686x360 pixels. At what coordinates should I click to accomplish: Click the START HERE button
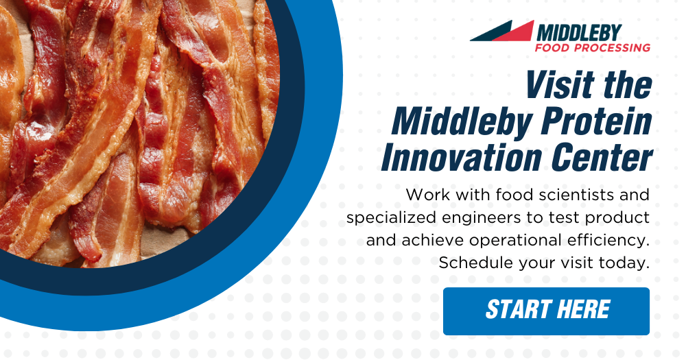click(546, 311)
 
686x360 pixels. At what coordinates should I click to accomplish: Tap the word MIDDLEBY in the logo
click(579, 33)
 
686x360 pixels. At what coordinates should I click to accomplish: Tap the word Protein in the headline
click(597, 121)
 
